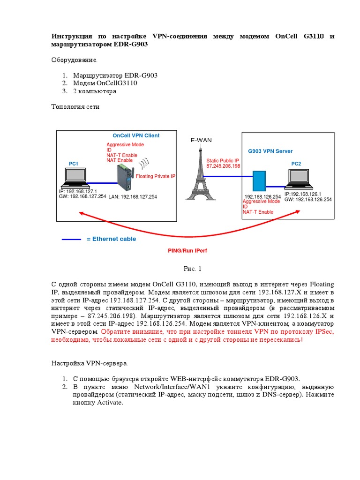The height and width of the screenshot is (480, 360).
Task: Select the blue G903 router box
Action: coord(259,181)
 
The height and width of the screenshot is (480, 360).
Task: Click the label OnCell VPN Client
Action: coord(136,136)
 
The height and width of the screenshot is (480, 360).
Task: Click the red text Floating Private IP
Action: coord(156,176)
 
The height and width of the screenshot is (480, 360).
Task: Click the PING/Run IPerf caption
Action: coord(187,251)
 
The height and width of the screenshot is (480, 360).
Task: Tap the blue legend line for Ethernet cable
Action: coord(71,239)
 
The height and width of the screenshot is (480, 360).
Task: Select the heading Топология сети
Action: coord(75,107)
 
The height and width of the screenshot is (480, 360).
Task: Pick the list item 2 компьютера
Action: coord(94,91)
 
